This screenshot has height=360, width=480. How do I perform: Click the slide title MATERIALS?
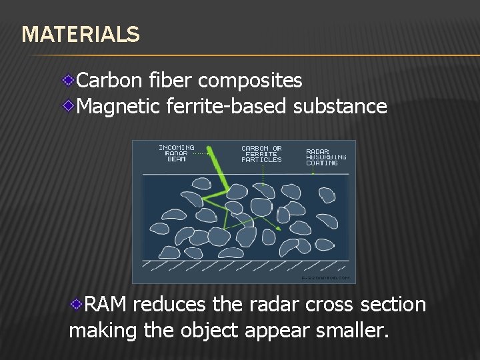(x=81, y=34)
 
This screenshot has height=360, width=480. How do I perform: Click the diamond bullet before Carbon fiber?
(x=69, y=81)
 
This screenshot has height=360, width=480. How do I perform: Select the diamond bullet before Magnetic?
(x=69, y=105)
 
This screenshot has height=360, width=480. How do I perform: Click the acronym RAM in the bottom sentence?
(x=107, y=305)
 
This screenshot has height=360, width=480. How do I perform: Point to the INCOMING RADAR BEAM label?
(x=177, y=153)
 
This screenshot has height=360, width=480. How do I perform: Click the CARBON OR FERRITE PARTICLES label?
(x=261, y=154)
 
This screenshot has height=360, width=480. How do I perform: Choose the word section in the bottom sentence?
(x=393, y=305)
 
